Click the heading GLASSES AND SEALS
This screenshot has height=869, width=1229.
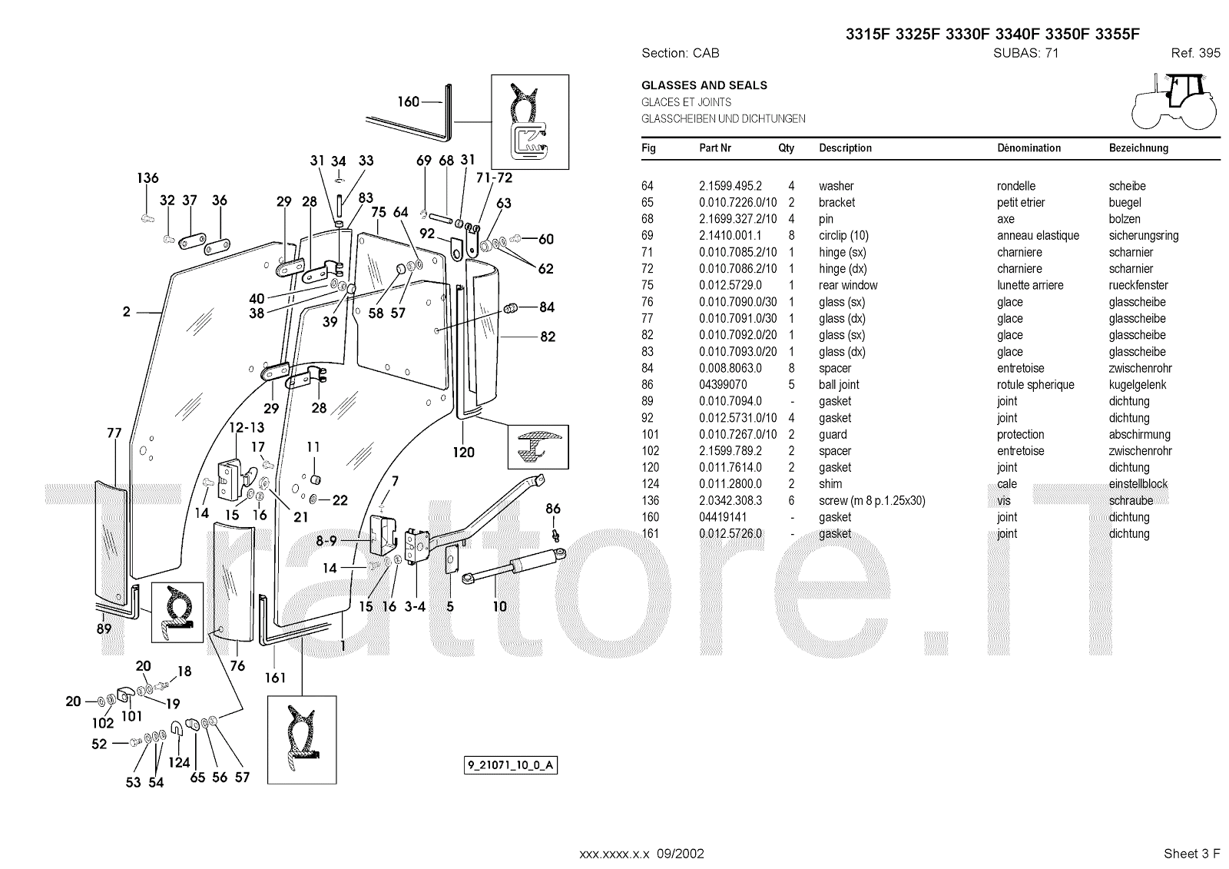pos(704,85)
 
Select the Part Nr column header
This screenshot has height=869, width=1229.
pos(714,148)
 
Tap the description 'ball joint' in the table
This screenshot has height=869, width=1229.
pos(839,385)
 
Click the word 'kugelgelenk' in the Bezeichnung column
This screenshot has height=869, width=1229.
pos(1138,385)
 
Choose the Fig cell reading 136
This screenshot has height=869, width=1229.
pos(651,501)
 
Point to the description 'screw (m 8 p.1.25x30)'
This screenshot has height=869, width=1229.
pos(872,501)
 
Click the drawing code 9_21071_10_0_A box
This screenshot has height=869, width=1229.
pos(511,765)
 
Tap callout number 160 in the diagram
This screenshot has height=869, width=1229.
pos(408,101)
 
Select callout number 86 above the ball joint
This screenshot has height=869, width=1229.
pos(553,509)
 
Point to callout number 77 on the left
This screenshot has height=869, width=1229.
pos(114,433)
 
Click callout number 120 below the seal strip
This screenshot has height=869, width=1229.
pos(464,453)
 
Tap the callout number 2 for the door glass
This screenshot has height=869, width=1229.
pos(127,312)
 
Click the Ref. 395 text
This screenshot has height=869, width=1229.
pos(1195,53)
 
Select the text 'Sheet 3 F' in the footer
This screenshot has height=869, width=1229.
pos(1192,854)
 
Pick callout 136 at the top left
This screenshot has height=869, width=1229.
pos(147,178)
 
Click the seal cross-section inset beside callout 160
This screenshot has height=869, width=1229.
pos(530,121)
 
